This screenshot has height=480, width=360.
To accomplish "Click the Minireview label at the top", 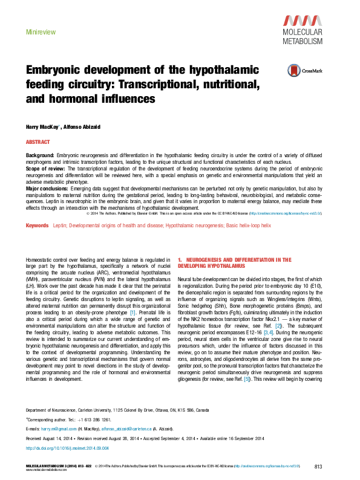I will (x=38, y=30).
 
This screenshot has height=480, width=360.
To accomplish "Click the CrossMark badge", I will (x=304, y=70).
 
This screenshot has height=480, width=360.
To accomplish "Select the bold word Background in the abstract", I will (x=40, y=156).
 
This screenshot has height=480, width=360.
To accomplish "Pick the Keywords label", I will (x=38, y=225).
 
